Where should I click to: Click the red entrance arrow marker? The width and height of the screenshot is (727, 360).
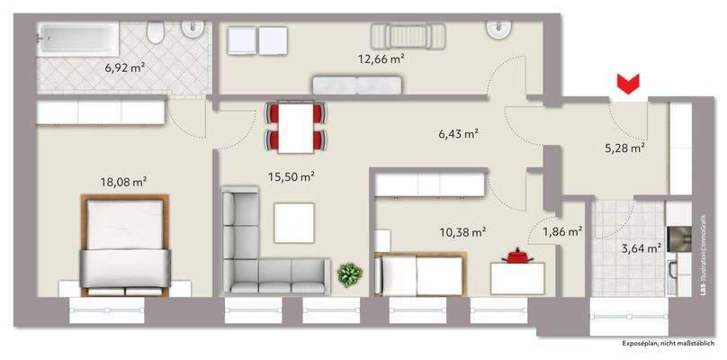pyautogui.click(x=627, y=85)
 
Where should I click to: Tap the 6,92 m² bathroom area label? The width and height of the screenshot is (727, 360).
pyautogui.click(x=124, y=67)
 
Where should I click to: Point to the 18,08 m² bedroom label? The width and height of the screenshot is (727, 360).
pyautogui.click(x=123, y=181)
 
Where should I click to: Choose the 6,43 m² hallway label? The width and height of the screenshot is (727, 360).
pyautogui.click(x=458, y=133)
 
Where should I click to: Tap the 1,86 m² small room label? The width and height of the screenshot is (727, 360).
pyautogui.click(x=562, y=231)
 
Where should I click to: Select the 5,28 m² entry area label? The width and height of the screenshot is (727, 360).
pyautogui.click(x=624, y=148)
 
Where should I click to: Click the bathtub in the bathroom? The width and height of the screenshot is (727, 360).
pyautogui.click(x=76, y=40)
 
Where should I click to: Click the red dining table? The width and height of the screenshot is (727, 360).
pyautogui.click(x=295, y=127)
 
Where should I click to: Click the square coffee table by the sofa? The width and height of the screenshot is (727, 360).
pyautogui.click(x=294, y=222)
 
